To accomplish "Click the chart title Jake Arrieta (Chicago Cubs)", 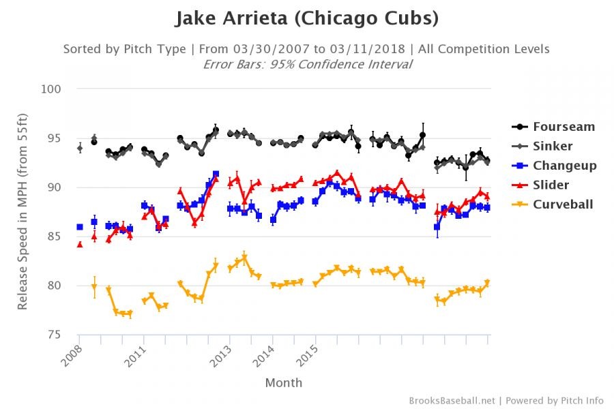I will tap(306, 18).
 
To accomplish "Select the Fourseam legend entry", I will tap(564, 127).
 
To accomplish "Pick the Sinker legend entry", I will tap(553, 146).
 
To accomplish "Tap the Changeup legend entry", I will tap(565, 166).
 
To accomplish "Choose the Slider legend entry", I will tap(551, 185).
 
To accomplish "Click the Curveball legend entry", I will tap(563, 204).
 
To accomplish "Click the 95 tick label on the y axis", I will tap(56, 138).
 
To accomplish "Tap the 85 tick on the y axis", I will tap(56, 237).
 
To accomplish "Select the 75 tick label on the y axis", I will tap(56, 334).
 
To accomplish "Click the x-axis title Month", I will tap(283, 382).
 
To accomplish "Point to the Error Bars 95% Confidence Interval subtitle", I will tap(307, 64).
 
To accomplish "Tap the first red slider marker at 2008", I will tap(80, 244).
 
